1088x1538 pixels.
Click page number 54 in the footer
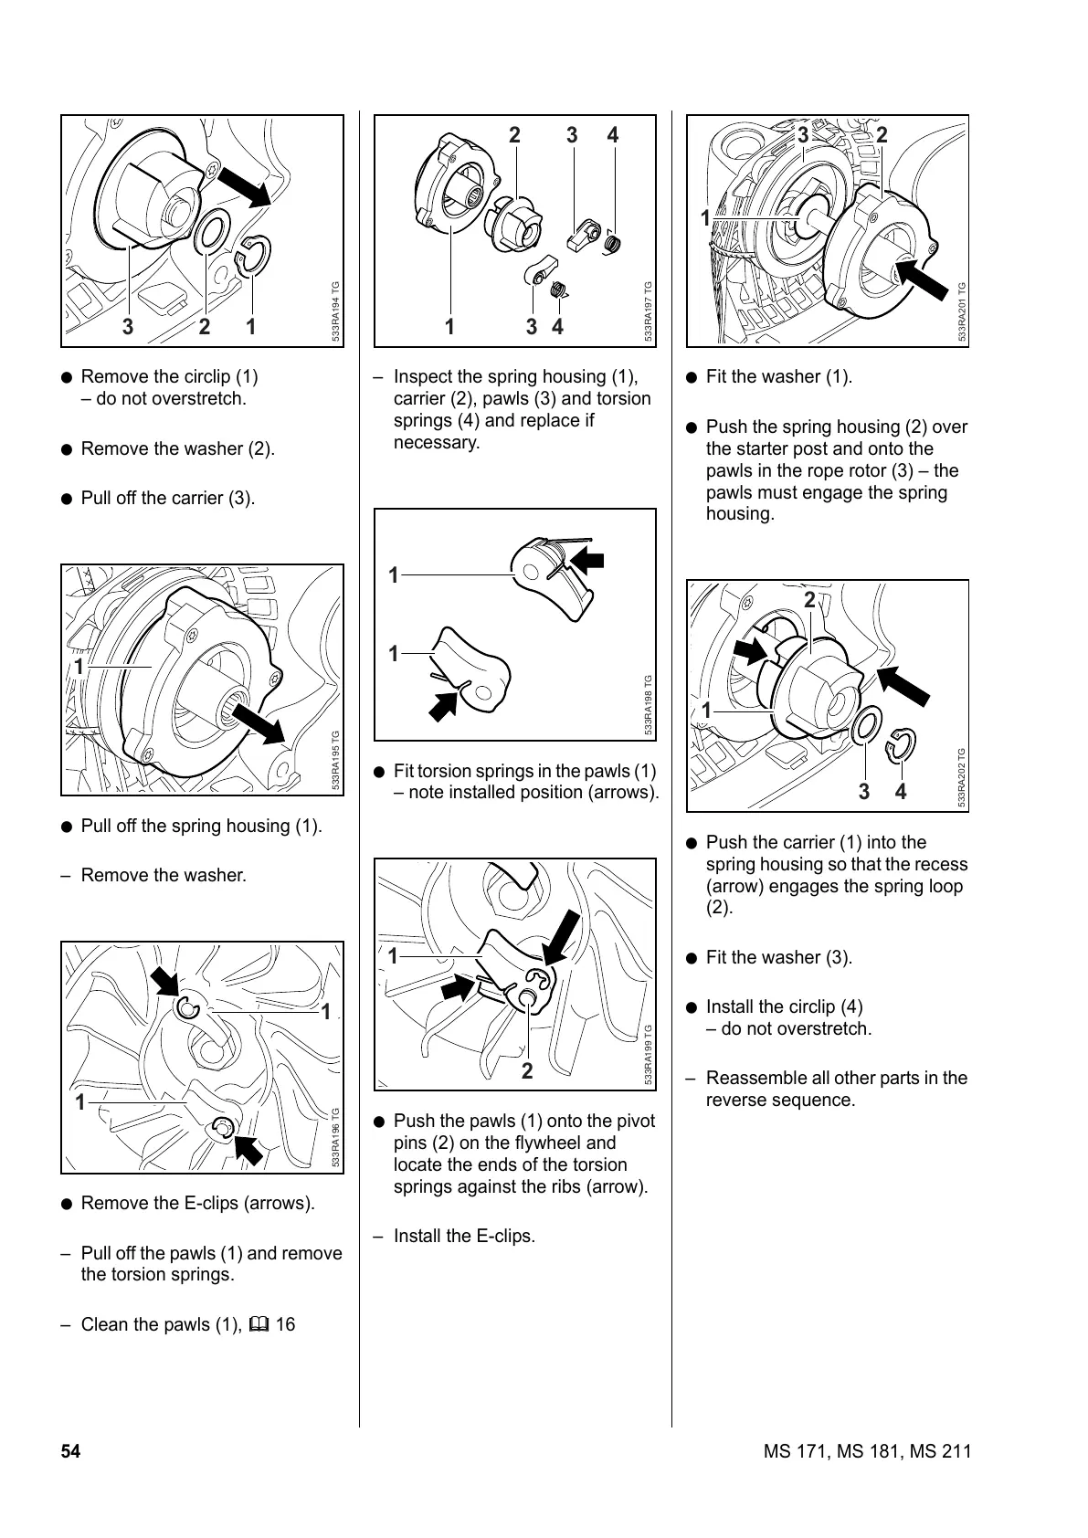point(70,1451)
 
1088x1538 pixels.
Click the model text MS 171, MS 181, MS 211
point(867,1451)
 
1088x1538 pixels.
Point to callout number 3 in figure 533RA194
point(128,326)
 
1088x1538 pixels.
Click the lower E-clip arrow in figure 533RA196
point(247,1146)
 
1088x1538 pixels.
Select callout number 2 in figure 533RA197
point(514,135)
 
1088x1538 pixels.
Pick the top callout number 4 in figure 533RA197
point(613,135)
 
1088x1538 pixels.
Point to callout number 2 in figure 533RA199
point(527,1070)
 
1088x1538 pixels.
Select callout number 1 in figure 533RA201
point(705,217)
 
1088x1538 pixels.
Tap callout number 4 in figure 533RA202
point(901,791)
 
